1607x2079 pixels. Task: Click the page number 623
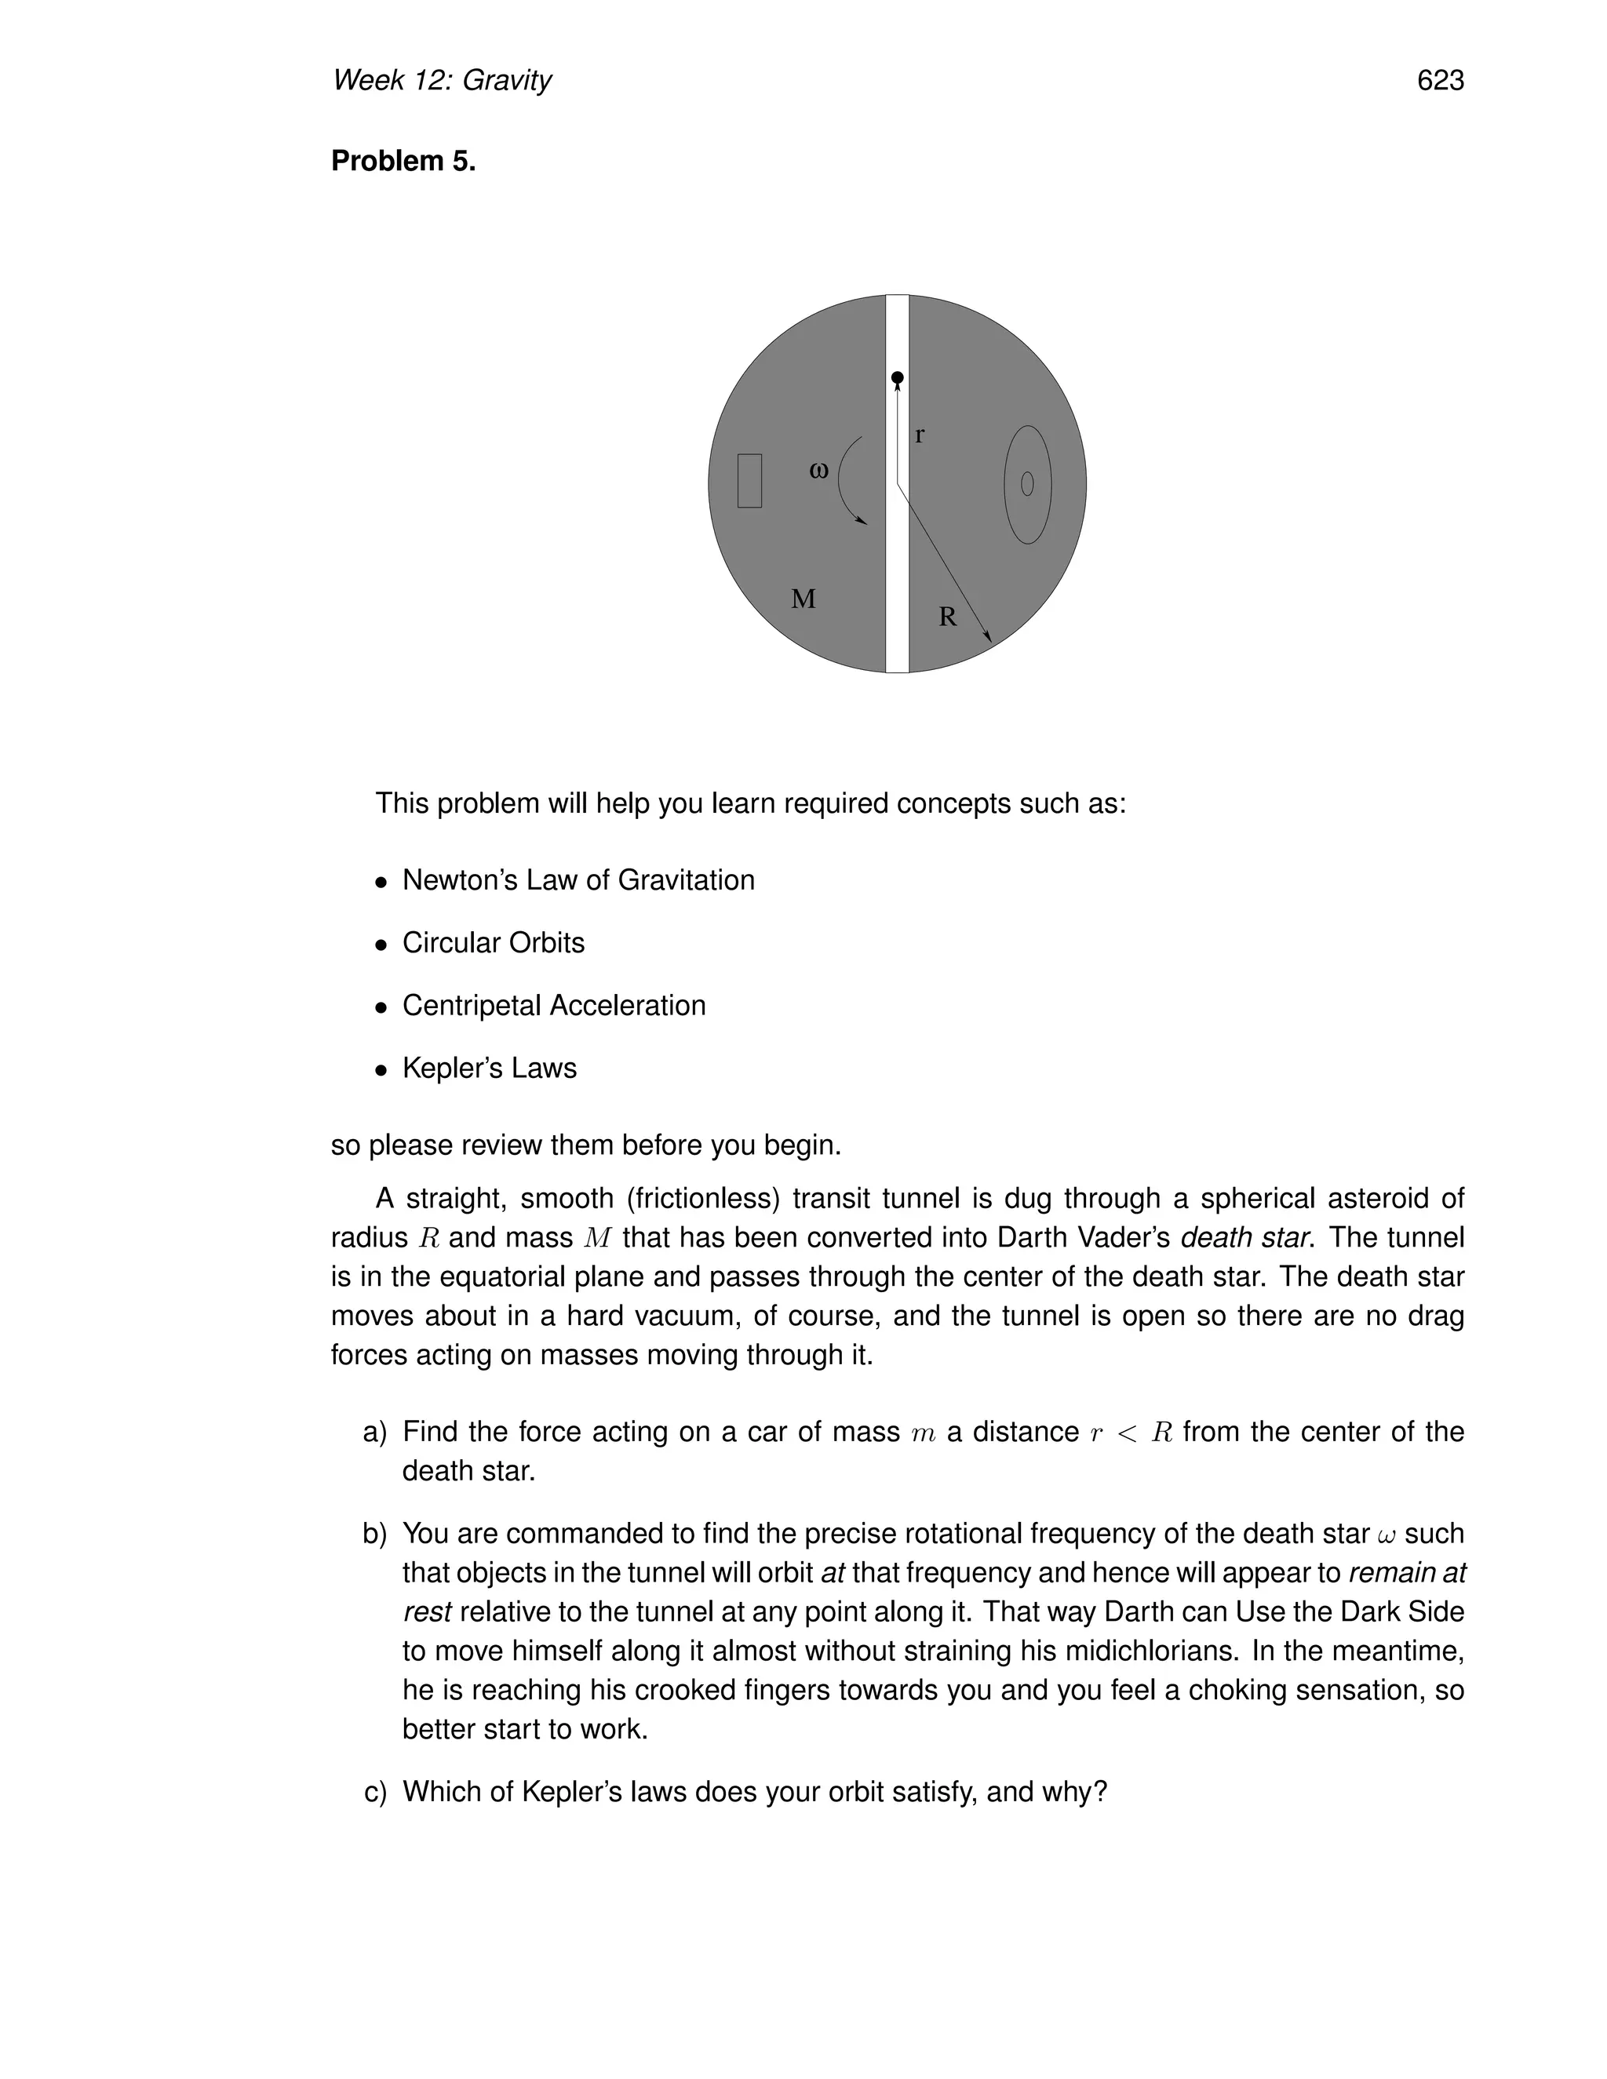[1439, 81]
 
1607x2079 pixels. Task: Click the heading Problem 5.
[403, 161]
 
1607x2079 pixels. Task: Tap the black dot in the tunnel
[897, 378]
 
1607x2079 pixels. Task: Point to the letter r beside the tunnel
[919, 435]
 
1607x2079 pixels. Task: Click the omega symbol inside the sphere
[818, 469]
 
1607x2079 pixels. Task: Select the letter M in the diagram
[803, 599]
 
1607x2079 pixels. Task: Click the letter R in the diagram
[947, 617]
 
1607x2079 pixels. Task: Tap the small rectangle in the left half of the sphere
[749, 481]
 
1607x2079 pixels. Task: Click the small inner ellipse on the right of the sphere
[1026, 485]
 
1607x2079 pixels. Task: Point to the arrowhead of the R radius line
[988, 637]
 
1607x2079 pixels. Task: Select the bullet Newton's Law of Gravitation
[578, 879]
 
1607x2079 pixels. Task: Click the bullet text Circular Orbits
[493, 942]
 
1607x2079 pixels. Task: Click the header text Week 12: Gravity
[442, 81]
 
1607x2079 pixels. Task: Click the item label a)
[375, 1432]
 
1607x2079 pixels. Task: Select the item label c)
[375, 1792]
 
